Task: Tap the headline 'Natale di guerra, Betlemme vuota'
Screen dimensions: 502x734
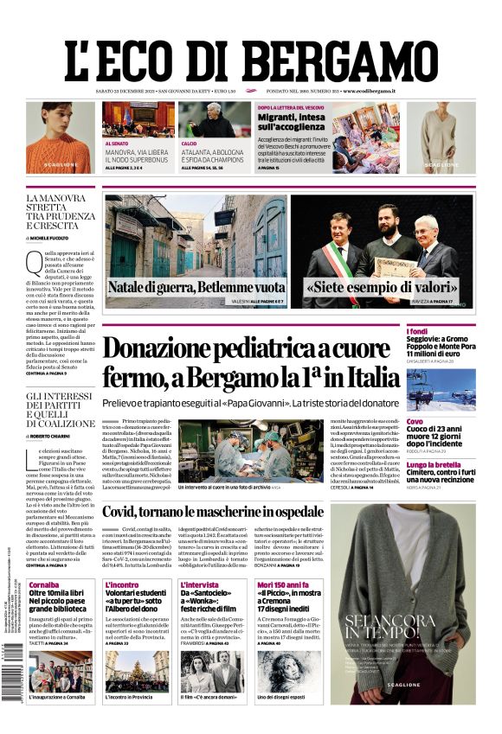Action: pyautogui.click(x=196, y=287)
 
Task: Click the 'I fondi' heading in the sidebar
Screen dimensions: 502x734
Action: pyautogui.click(x=441, y=332)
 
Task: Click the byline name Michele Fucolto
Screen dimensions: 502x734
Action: pyautogui.click(x=78, y=237)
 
